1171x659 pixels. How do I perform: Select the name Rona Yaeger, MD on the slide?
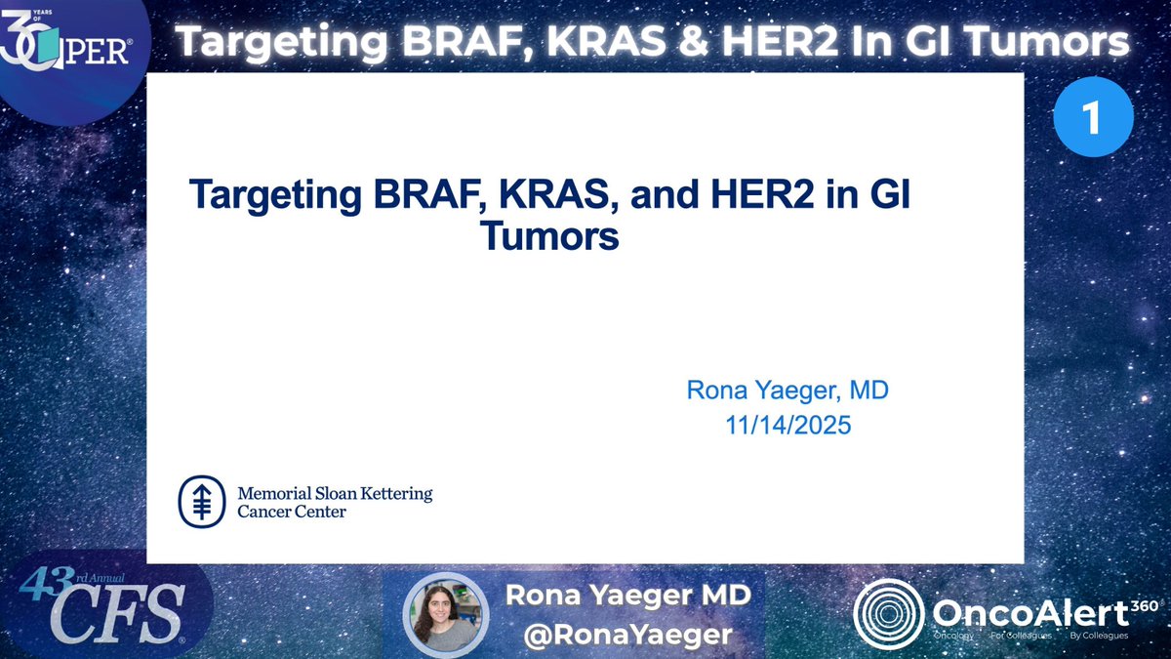pyautogui.click(x=787, y=391)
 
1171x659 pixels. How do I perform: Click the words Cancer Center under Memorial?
pyautogui.click(x=292, y=512)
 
